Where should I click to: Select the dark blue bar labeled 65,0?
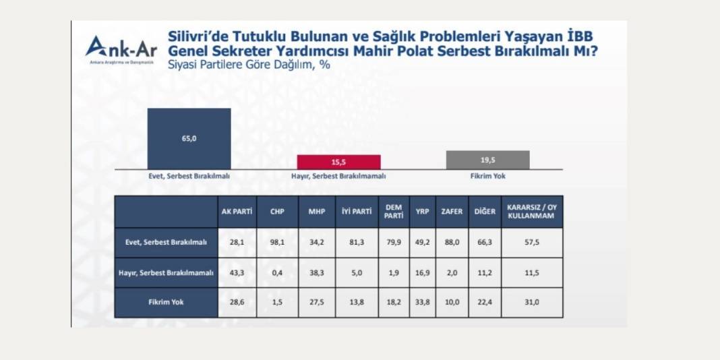click(x=189, y=138)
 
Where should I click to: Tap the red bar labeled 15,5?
click(x=338, y=162)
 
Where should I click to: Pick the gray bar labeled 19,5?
click(x=487, y=160)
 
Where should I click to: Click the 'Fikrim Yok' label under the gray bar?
click(x=488, y=176)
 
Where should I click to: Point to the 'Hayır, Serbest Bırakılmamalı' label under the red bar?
click(x=338, y=176)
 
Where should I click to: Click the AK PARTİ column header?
click(x=237, y=212)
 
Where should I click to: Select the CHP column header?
click(x=277, y=212)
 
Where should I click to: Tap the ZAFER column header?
click(x=452, y=212)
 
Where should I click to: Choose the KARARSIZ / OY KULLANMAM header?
click(x=531, y=212)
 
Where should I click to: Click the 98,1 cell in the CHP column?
click(x=277, y=242)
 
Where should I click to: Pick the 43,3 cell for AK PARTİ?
click(x=237, y=272)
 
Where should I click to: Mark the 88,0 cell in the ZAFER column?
click(x=452, y=242)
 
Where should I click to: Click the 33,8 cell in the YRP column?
click(x=422, y=303)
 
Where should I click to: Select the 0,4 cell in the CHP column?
click(x=277, y=272)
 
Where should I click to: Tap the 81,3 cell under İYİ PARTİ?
click(x=357, y=242)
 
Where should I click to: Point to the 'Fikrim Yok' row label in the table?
click(x=167, y=303)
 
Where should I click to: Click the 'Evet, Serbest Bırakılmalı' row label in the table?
click(x=167, y=242)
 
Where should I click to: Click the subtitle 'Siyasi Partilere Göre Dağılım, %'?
click(x=249, y=65)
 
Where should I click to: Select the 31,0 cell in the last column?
click(x=531, y=303)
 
